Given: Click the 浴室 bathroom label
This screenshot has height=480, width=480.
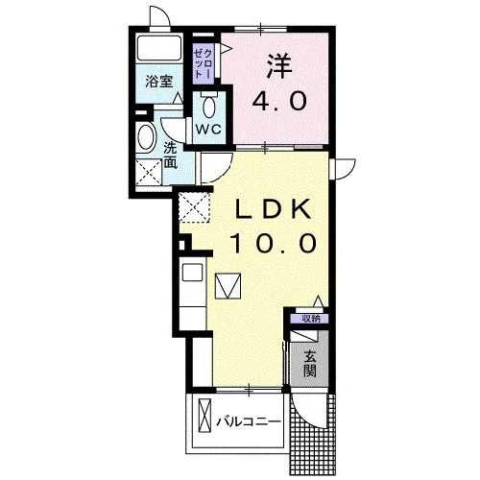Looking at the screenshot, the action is point(159,82).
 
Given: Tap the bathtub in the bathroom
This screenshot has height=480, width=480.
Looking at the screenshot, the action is point(159,48).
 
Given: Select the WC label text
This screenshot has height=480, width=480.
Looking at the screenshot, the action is point(208,130).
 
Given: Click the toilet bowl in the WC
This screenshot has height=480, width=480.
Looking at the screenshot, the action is point(209,107).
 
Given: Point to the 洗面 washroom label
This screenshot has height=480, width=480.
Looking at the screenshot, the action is point(170,156).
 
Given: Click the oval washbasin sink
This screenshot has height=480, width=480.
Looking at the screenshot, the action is point(145,137).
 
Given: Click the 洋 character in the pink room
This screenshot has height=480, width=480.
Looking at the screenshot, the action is point(279,66).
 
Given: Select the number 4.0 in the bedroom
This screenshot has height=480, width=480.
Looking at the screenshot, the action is point(279,101).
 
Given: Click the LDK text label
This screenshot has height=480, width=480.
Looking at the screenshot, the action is point(273,209).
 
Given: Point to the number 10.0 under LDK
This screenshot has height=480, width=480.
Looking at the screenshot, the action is point(273,243).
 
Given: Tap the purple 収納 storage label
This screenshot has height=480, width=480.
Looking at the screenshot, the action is point(310,319).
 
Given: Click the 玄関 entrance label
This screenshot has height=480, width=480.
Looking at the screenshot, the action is point(310,363).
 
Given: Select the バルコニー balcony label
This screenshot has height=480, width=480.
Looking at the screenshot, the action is point(249,421).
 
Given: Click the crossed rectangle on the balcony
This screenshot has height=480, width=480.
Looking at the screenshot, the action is point(204,416).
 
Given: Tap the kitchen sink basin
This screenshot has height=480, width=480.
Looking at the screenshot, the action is point(192,272).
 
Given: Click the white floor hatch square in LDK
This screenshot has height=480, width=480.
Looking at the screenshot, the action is point(228,286).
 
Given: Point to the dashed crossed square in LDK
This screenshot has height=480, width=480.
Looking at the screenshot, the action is point(194,207).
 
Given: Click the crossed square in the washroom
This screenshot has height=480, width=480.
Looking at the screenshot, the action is point(149,172).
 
